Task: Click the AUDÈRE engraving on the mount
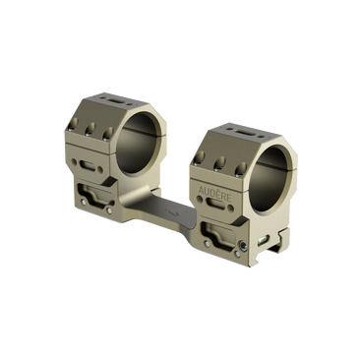(215, 195)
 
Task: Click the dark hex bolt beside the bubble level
(243, 245)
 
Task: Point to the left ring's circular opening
(141, 143)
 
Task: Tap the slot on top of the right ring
(245, 132)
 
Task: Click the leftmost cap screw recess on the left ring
(74, 124)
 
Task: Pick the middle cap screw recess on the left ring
(90, 129)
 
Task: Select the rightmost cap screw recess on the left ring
(107, 134)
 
